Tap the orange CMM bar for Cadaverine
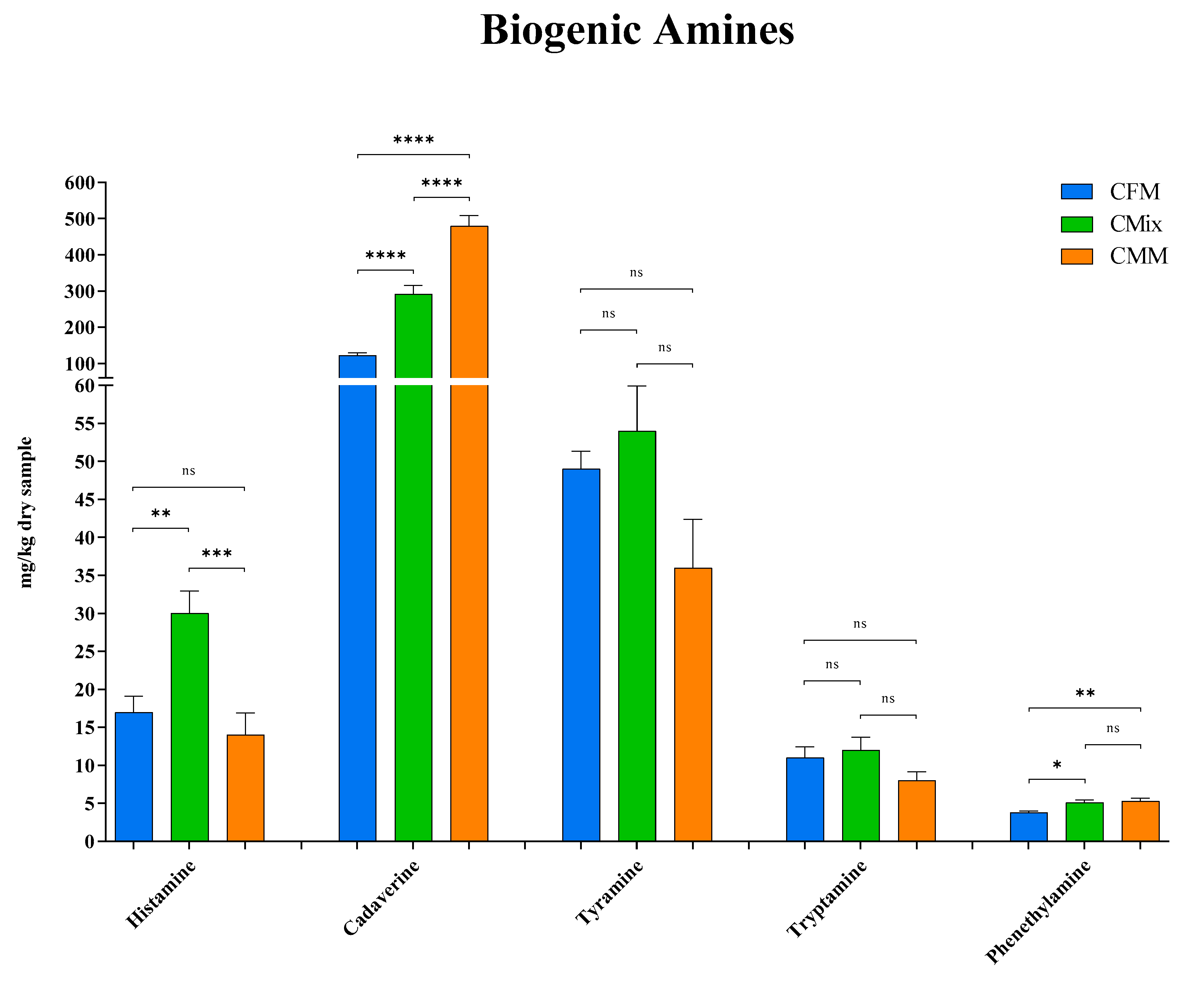[469, 564]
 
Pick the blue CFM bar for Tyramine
[581, 654]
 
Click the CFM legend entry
[1134, 192]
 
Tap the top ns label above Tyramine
[636, 273]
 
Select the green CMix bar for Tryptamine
[860, 795]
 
